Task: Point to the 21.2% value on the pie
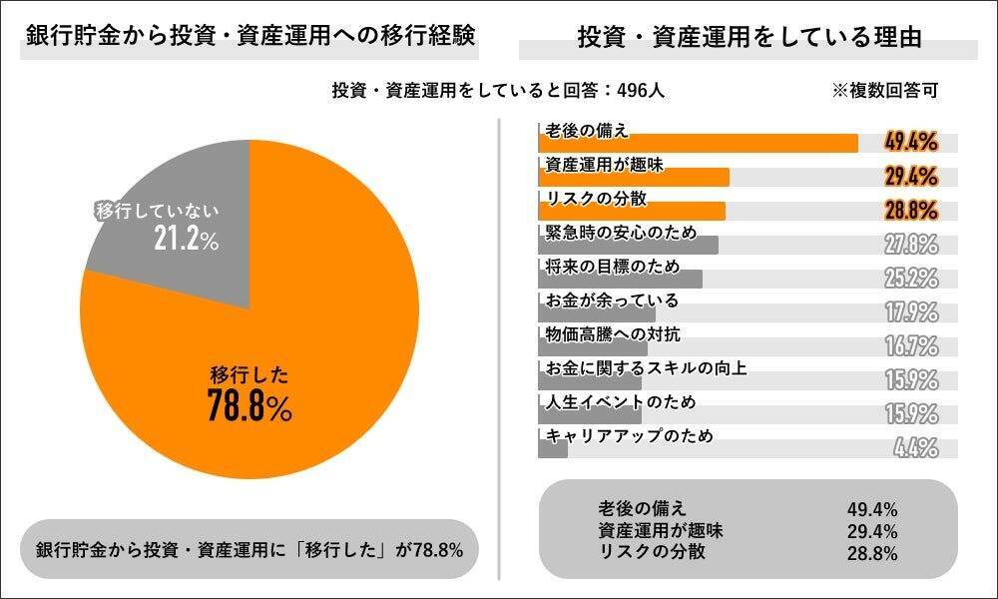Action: pos(187,241)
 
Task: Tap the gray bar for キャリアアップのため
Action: pos(552,449)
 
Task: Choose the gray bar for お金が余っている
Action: pos(596,312)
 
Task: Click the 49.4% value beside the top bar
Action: pos(910,142)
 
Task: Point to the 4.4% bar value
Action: pos(915,448)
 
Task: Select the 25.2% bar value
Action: pos(910,278)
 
